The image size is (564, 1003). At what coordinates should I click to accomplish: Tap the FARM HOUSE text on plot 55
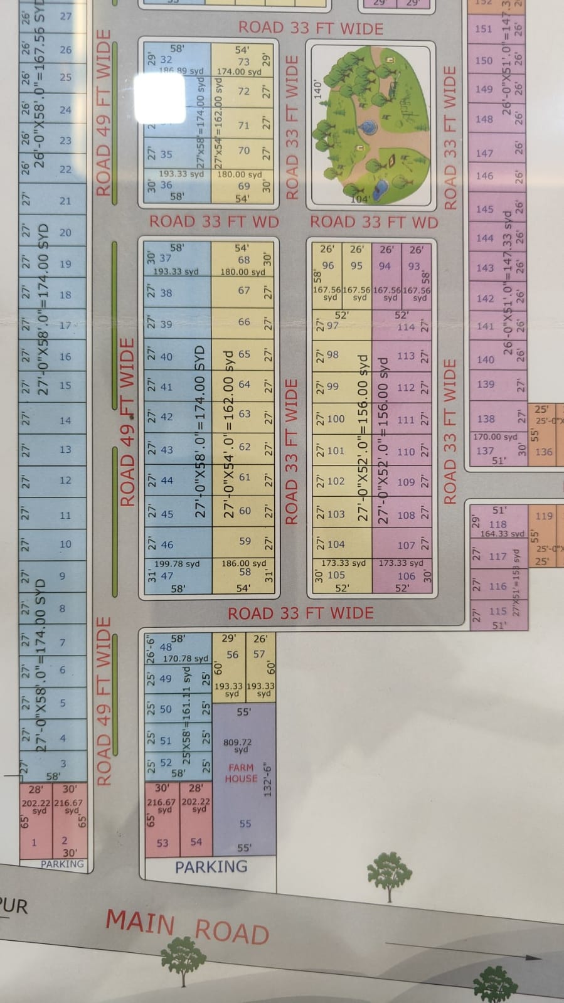241,773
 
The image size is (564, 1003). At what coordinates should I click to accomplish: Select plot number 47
167,575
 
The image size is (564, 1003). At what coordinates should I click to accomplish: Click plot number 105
336,575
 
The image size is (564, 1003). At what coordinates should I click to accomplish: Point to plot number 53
162,843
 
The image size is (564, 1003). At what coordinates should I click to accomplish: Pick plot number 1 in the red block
34,842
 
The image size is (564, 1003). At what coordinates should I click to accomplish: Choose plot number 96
327,265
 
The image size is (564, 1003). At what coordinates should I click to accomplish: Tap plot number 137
485,450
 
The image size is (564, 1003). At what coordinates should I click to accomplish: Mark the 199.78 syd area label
177,564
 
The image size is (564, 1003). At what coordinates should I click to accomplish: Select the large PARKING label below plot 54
211,867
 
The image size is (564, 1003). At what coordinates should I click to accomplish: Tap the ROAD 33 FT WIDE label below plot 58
301,613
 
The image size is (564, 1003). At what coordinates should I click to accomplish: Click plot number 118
497,524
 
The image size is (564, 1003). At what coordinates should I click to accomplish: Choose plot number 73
243,61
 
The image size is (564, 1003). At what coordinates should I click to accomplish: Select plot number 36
166,184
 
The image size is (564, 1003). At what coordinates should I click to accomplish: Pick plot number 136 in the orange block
545,452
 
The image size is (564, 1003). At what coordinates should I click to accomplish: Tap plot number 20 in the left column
65,232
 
